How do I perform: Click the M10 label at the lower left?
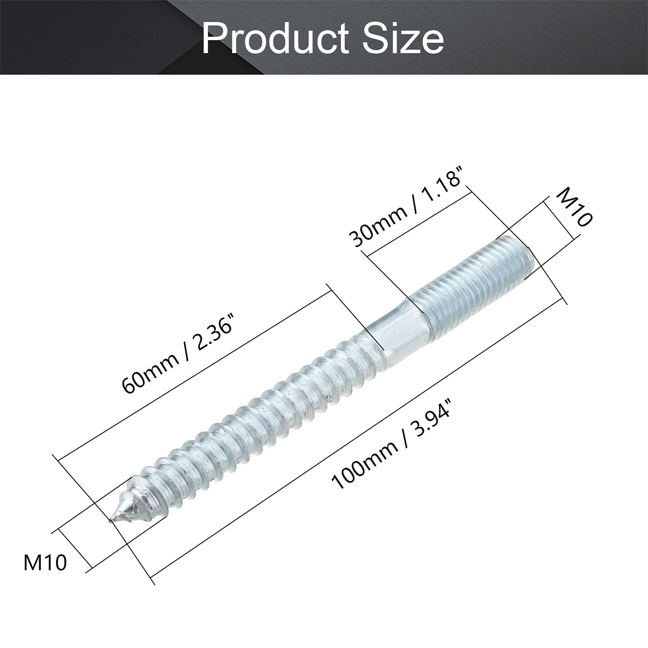(x=45, y=563)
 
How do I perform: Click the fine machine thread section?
(x=471, y=286)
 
